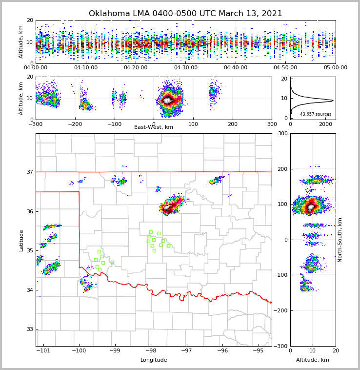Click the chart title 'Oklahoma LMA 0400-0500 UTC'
185,14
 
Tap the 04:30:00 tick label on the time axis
186,68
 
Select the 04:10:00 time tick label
86,68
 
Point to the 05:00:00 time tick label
336,68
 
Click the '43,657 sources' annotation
316,114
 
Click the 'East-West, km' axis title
154,127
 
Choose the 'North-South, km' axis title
340,240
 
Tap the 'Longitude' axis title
154,360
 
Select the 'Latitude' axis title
21,240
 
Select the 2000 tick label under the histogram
325,124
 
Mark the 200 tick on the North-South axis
282,169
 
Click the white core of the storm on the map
168,209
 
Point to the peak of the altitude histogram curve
333,101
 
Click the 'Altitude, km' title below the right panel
313,360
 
